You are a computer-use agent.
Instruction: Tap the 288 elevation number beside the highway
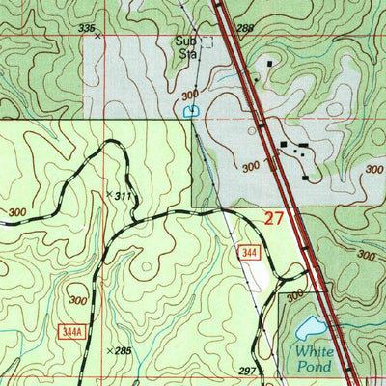pos(244,29)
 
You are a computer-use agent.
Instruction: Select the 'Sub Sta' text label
pos(185,48)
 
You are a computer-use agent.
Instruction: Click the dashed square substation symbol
pos(205,43)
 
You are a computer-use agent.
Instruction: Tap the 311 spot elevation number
pos(122,197)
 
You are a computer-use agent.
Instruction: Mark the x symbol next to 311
pos(108,194)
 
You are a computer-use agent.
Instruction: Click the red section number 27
pos(274,219)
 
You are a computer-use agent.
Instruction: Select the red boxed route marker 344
pos(249,252)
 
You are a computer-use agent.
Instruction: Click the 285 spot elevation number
pos(123,350)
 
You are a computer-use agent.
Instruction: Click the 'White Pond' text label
pos(314,359)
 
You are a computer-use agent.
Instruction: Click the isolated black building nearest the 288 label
pos(269,64)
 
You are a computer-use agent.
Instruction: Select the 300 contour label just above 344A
pos(77,301)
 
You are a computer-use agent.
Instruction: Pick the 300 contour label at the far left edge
pos(16,211)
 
